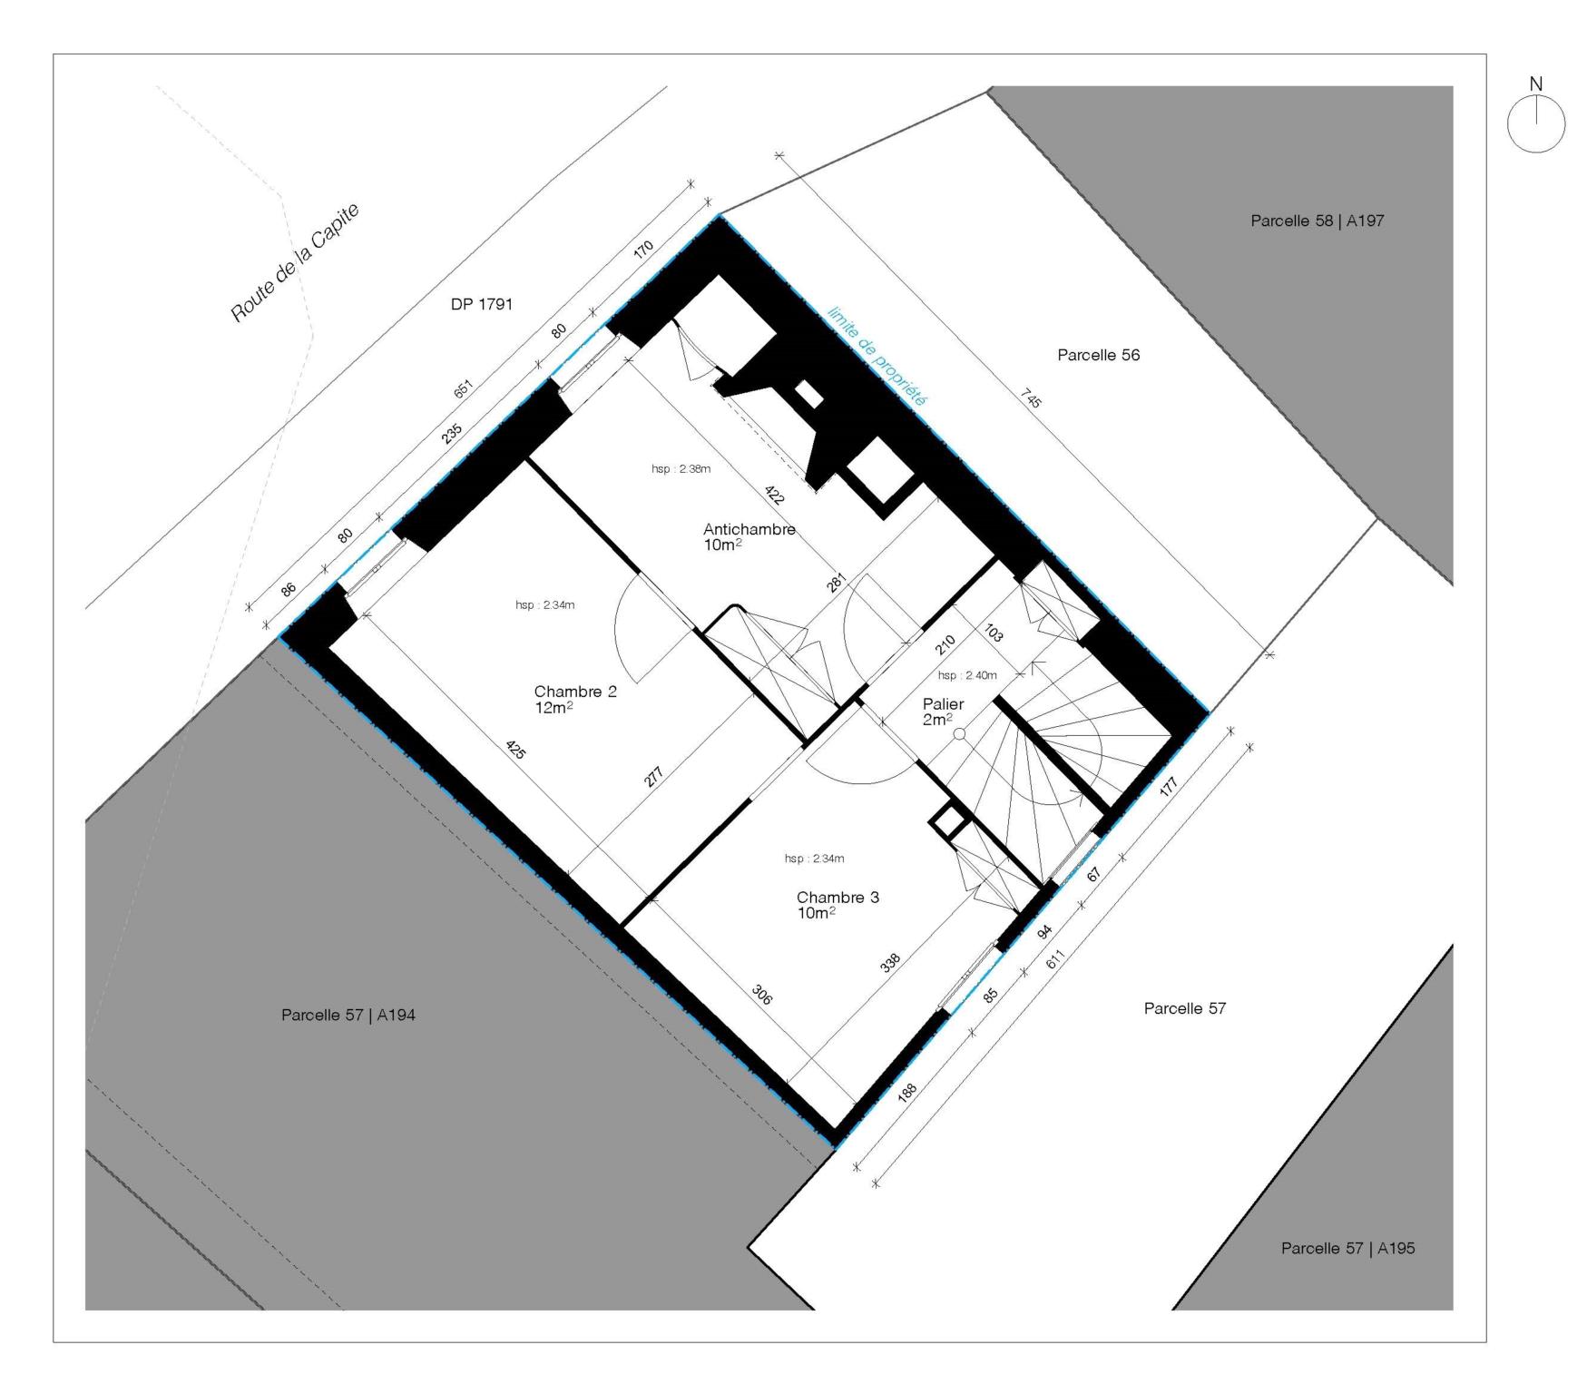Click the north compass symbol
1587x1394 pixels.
1535,123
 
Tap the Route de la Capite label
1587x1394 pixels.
295,262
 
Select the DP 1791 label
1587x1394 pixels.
481,305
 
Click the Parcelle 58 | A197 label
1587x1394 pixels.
1317,221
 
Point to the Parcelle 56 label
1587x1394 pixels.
1098,355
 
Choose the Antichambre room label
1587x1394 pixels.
749,530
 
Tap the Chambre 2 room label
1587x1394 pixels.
575,692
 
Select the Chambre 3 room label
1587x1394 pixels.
838,898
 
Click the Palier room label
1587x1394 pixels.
943,704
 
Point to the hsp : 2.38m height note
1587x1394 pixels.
681,469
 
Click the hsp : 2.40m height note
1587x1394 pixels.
967,675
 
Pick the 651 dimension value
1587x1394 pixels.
463,389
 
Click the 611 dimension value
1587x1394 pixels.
1056,959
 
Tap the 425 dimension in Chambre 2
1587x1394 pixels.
515,751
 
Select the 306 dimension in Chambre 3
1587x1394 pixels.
762,996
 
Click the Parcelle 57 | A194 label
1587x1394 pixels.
348,1016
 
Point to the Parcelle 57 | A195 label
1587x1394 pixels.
1347,1248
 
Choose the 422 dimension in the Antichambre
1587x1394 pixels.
774,496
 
